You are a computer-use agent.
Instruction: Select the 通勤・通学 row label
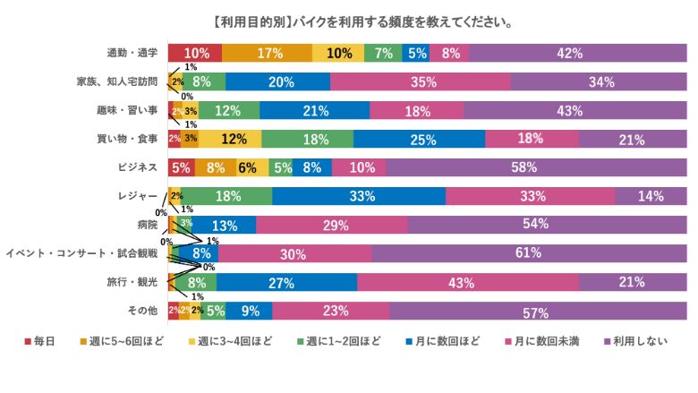click(x=132, y=53)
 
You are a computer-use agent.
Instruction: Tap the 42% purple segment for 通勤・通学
click(x=570, y=53)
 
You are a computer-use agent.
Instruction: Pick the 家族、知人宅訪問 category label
click(x=116, y=82)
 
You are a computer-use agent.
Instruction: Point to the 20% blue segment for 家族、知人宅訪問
click(x=277, y=82)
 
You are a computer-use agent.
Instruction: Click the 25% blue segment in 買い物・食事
click(x=419, y=139)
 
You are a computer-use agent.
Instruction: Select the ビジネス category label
click(x=138, y=167)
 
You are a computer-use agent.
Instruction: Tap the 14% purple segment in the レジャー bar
click(x=651, y=196)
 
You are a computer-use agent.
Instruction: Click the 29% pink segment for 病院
click(x=331, y=225)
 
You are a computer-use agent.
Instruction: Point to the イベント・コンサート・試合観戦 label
click(x=81, y=253)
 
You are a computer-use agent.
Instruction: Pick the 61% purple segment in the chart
click(x=529, y=253)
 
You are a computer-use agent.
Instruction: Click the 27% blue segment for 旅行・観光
click(x=286, y=282)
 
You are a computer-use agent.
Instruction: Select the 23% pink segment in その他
click(x=330, y=311)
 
